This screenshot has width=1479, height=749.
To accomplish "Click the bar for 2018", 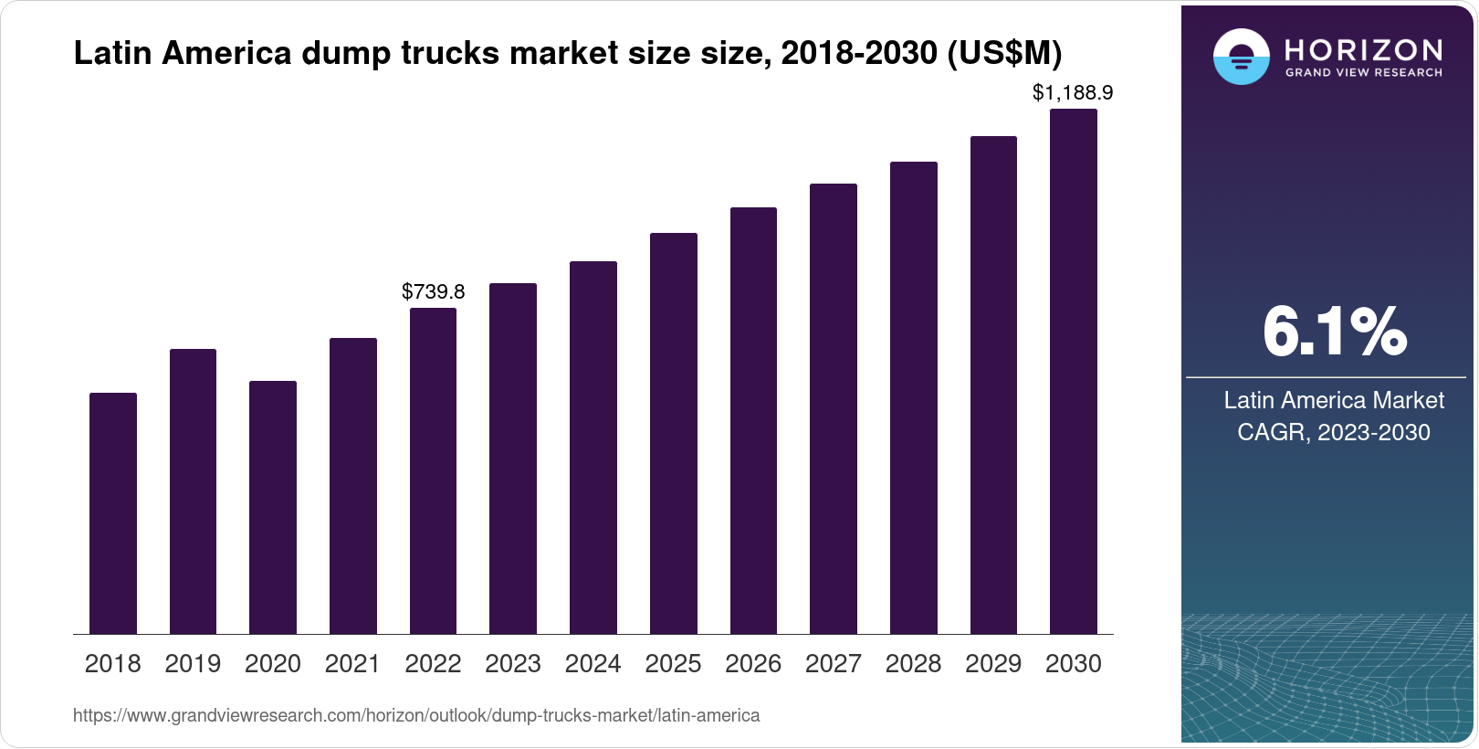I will (x=113, y=513).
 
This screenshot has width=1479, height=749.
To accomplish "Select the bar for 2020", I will (x=273, y=507).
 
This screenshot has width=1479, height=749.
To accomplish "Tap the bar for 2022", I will (x=433, y=470).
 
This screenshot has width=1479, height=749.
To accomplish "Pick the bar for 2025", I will (x=674, y=433).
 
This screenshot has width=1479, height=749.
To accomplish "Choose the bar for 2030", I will (x=1074, y=372).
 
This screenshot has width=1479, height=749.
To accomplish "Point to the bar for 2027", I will (x=834, y=408).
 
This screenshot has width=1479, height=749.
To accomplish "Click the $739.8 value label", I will (x=433, y=292).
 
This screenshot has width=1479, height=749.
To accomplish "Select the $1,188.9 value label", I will (x=1073, y=92).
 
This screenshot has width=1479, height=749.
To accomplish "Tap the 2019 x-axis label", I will (x=193, y=664).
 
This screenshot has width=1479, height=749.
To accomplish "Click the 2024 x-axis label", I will (x=593, y=664).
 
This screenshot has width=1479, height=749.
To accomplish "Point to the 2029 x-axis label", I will (x=993, y=664).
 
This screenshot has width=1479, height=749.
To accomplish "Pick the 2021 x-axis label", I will (x=352, y=664).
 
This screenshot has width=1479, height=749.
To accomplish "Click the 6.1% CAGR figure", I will (x=1334, y=332).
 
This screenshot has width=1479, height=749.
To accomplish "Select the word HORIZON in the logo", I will (x=1364, y=49).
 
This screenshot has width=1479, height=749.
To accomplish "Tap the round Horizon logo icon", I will (x=1242, y=58).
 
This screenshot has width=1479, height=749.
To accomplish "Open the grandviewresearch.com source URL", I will (x=416, y=715).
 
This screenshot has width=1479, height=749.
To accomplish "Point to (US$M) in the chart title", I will (x=1004, y=54).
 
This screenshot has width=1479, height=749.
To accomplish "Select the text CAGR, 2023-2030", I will (x=1334, y=432).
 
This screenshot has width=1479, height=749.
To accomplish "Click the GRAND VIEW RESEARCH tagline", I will (x=1364, y=73).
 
